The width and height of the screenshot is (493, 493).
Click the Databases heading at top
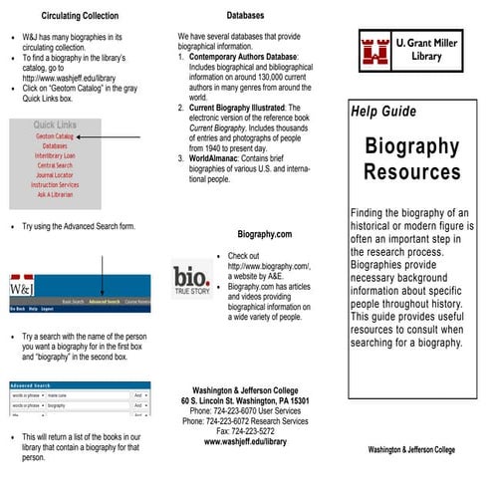245,16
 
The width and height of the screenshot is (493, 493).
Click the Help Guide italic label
383,112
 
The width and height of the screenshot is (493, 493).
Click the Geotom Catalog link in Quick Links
54,135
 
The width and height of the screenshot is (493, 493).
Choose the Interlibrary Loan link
54,155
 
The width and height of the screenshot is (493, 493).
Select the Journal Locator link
54,174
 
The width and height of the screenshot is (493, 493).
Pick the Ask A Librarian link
54,194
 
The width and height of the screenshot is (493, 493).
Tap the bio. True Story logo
191,280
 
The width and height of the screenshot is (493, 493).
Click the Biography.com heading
264,234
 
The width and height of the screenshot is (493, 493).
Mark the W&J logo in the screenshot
24,289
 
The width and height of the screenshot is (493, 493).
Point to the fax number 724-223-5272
245,431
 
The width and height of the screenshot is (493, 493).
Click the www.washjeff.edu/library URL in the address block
245,442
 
